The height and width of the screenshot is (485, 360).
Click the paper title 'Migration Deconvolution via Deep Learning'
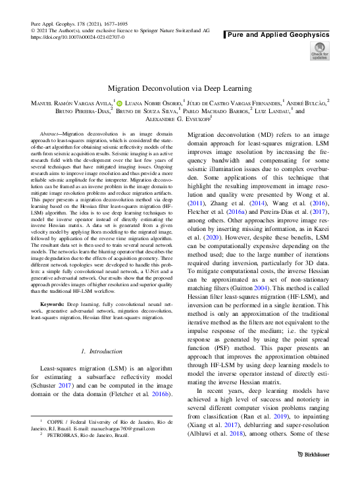[x=180, y=88]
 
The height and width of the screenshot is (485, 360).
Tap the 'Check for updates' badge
[x=320, y=51]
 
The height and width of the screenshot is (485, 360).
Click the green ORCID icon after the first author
[x=120, y=103]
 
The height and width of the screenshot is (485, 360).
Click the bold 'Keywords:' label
[x=53, y=305]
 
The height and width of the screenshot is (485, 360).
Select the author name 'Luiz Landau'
[x=270, y=112]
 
